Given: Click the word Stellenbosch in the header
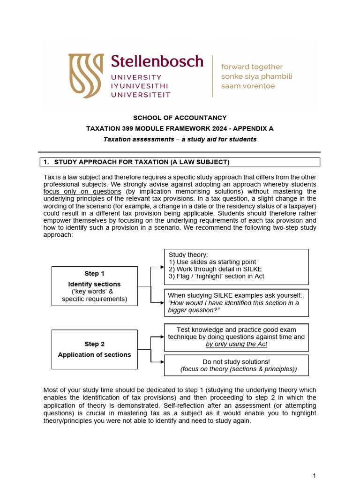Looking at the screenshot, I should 157,61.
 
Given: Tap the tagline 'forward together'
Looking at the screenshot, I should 252,67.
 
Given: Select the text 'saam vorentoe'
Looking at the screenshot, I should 248,86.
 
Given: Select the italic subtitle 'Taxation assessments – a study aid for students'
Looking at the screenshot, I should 180,139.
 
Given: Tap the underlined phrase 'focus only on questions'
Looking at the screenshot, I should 82,191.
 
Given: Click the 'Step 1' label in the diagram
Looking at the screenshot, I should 94,273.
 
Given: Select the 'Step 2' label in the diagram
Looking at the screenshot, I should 94,344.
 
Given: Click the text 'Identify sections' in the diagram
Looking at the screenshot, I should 94,284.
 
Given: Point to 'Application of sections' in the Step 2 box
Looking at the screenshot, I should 94,355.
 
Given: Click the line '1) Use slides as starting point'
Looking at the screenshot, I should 212,262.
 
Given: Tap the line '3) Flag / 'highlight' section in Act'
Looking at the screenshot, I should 216,276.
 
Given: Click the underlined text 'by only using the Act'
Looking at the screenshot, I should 236,344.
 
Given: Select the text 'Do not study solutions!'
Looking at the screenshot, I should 236,361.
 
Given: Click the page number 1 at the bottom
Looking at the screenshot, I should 315,475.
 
